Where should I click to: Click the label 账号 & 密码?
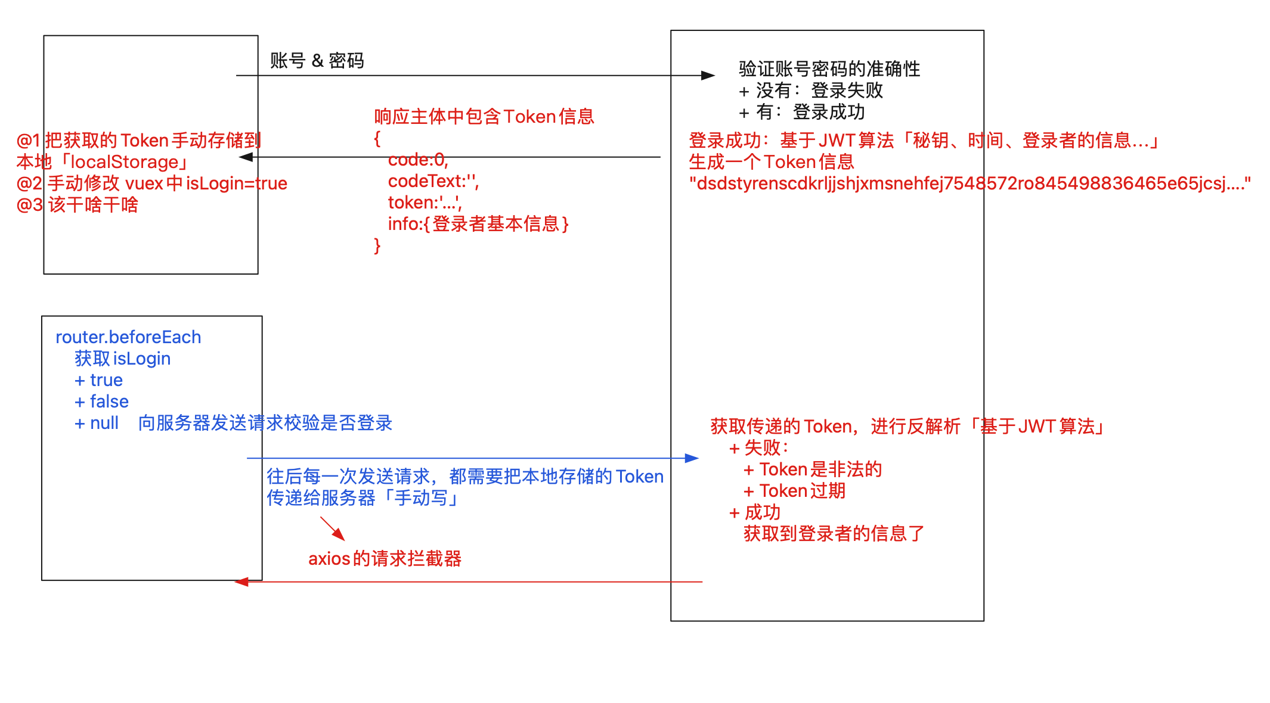(317, 61)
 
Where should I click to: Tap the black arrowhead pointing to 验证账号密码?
(708, 76)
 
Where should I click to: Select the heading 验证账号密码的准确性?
(829, 69)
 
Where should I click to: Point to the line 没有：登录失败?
(811, 91)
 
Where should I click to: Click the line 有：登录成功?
(802, 112)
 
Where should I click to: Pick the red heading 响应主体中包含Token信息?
(484, 117)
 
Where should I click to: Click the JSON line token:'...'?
(425, 203)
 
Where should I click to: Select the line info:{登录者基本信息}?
(478, 224)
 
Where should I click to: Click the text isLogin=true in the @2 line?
(236, 183)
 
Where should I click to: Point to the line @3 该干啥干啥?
(78, 205)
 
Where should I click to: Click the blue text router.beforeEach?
(128, 337)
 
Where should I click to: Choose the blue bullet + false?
(101, 402)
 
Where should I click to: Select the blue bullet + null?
(97, 423)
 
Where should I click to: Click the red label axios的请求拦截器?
(385, 559)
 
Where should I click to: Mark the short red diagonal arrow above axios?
(333, 528)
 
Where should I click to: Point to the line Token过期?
(795, 491)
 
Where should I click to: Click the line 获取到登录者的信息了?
(834, 534)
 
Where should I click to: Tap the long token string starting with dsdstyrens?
(969, 183)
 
